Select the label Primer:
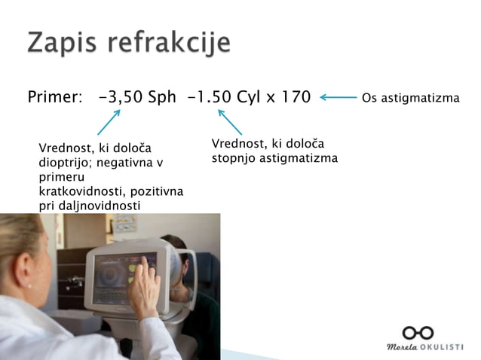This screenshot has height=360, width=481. tap(54, 97)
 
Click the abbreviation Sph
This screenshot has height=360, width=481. tap(161, 97)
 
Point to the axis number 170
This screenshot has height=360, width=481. tap(295, 97)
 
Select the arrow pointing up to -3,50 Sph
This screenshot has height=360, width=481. tap(109, 123)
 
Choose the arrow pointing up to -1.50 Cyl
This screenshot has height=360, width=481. tap(230, 122)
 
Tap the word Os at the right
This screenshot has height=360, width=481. tap(369, 98)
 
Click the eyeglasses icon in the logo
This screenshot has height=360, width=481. tap(418, 332)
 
